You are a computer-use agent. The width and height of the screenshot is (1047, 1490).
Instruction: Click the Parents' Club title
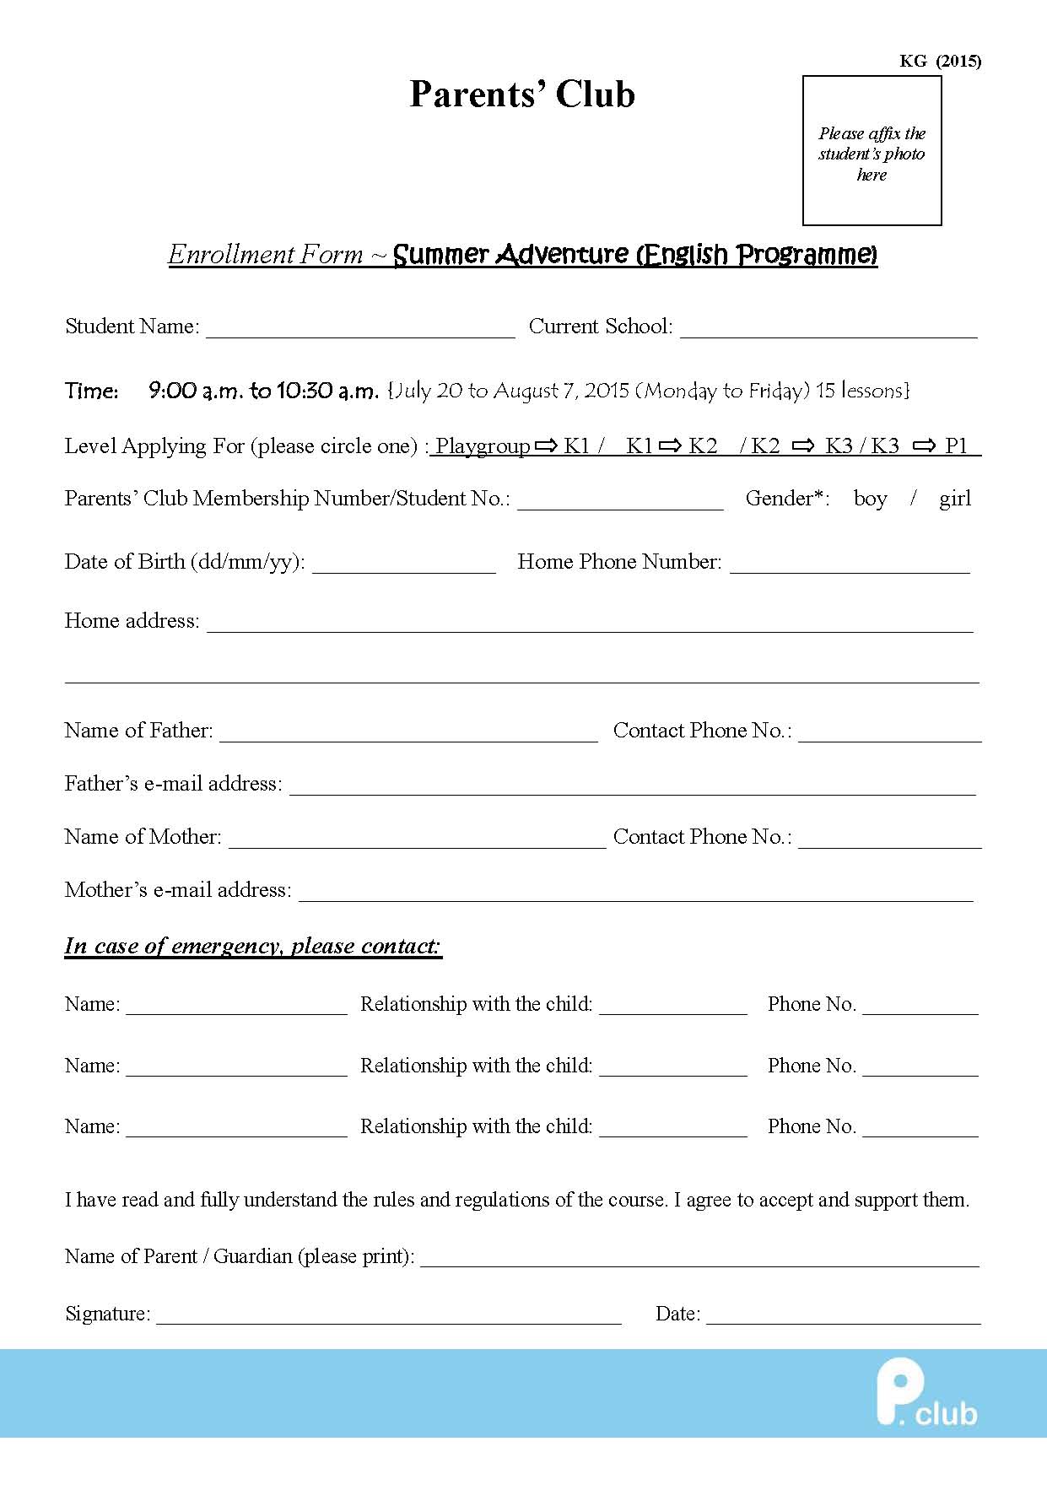[x=522, y=94]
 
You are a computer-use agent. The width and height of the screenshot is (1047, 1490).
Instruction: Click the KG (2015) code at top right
[x=940, y=61]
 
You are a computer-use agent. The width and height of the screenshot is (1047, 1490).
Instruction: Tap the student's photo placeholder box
[x=872, y=151]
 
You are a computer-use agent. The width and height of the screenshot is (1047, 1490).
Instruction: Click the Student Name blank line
[x=360, y=329]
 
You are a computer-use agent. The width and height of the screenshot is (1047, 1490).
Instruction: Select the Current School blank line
[x=828, y=329]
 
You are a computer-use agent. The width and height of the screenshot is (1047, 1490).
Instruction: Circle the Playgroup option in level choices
[x=483, y=446]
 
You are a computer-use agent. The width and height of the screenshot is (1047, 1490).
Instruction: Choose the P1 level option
[x=956, y=446]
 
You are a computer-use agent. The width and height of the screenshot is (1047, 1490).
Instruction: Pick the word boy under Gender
[x=870, y=499]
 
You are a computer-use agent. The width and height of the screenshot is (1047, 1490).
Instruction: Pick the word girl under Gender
[x=955, y=499]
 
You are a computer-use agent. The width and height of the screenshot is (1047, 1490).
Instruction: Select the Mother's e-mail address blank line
[x=636, y=893]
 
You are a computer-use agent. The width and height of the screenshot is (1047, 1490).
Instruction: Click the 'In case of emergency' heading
[x=253, y=946]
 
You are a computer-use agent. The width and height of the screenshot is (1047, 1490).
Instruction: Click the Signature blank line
[x=389, y=1317]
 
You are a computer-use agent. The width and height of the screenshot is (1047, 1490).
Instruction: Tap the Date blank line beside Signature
[x=843, y=1317]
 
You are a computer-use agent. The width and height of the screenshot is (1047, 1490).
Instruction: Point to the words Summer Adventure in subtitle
[x=511, y=254]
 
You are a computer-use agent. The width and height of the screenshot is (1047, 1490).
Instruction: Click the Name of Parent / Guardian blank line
[x=699, y=1260]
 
